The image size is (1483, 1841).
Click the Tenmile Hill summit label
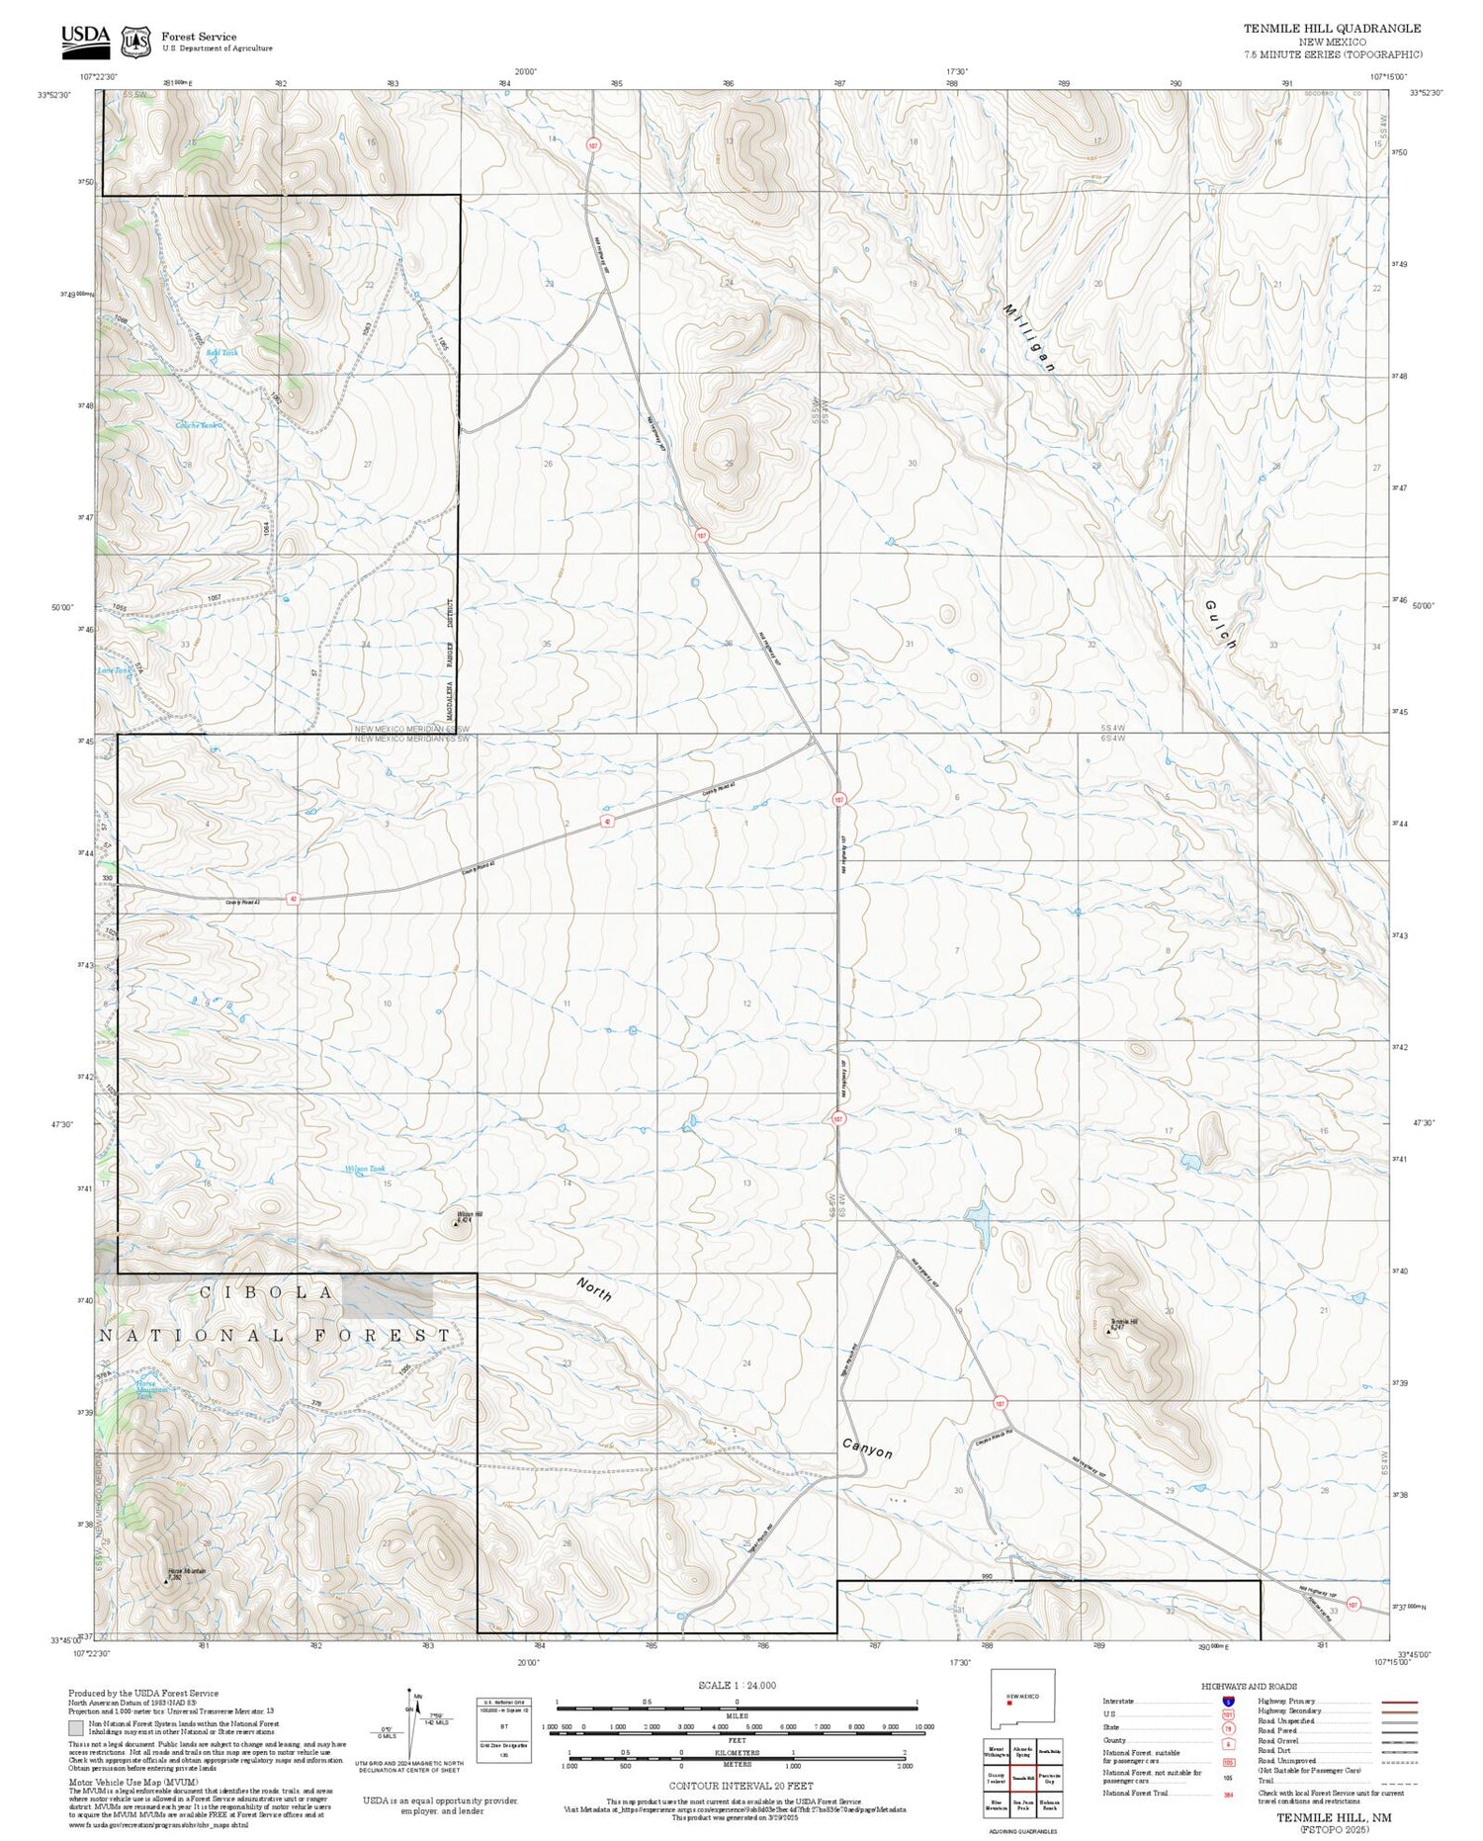(1123, 1322)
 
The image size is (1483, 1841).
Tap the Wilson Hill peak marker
(456, 1225)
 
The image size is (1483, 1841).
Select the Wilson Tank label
(364, 1169)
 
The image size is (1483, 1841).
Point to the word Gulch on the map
(1221, 624)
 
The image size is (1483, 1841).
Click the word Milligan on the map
(1029, 337)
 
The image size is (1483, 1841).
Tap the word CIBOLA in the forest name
(267, 1292)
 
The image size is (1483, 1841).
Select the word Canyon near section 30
(867, 1447)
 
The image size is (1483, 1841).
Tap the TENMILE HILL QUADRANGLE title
(1332, 29)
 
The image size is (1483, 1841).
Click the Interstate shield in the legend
(1228, 1702)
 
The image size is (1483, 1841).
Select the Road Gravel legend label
(1278, 1741)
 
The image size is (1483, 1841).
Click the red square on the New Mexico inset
(1008, 1703)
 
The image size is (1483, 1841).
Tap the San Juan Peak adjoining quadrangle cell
(1022, 1804)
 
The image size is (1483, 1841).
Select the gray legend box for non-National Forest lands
(76, 1728)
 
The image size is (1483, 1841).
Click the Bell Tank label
(222, 353)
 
